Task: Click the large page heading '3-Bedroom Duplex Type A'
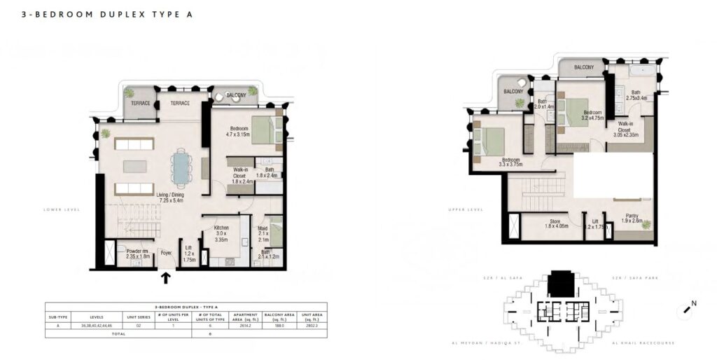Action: tap(106, 14)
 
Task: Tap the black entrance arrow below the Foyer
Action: tap(166, 278)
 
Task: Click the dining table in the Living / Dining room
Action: tap(181, 168)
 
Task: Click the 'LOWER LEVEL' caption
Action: tap(62, 209)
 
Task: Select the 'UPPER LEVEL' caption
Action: tap(466, 209)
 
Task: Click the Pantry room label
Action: tap(632, 219)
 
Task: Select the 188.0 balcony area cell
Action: tap(278, 325)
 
